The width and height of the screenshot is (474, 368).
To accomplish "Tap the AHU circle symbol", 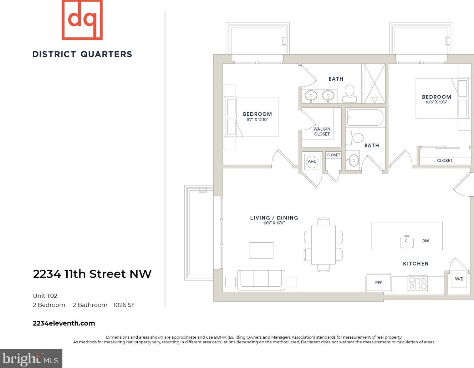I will (x=312, y=161).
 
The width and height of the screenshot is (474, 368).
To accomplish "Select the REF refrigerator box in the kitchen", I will (x=378, y=283).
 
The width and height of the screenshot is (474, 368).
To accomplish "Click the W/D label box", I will (x=459, y=279).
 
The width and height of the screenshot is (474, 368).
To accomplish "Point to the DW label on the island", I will (x=425, y=241).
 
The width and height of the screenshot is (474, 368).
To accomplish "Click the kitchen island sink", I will (x=407, y=242).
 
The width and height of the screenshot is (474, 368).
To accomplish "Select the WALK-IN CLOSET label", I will (x=322, y=131).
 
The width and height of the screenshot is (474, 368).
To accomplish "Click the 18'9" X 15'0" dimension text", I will (x=274, y=223).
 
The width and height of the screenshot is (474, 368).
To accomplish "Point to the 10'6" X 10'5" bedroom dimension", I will (x=436, y=102).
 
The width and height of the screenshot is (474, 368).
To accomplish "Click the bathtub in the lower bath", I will (x=365, y=117).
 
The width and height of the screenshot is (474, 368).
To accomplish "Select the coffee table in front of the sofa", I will (x=261, y=250).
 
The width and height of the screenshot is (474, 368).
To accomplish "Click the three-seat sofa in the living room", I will (x=261, y=279).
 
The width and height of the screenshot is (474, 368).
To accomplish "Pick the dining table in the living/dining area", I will (x=323, y=245).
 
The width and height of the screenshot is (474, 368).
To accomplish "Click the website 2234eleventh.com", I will (x=64, y=323).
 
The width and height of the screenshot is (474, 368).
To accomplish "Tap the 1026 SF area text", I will (x=124, y=305).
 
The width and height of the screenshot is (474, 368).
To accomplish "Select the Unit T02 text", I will (x=45, y=296).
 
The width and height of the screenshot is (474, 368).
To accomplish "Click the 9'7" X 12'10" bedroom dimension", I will (x=257, y=120).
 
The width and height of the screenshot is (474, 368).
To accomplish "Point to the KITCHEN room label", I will (x=416, y=263).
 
